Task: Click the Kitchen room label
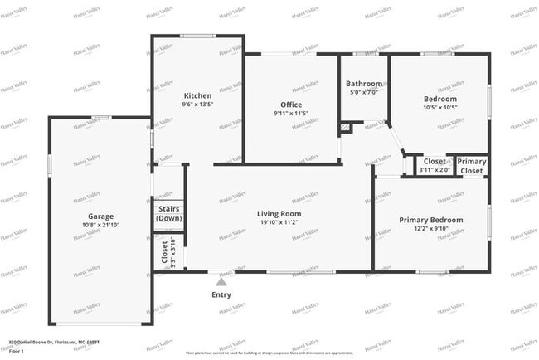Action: pyautogui.click(x=197, y=95)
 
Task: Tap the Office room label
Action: pyautogui.click(x=290, y=105)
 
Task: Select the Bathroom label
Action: pyautogui.click(x=364, y=84)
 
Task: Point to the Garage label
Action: pyautogui.click(x=101, y=216)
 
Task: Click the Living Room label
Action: pyautogui.click(x=279, y=213)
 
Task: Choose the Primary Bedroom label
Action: pyautogui.click(x=430, y=220)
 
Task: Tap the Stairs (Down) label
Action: pyautogui.click(x=169, y=213)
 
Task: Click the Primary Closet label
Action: pyautogui.click(x=471, y=166)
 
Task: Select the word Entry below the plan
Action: pyautogui.click(x=221, y=294)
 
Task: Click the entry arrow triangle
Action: pyautogui.click(x=221, y=280)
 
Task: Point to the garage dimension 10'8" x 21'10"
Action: pyautogui.click(x=101, y=225)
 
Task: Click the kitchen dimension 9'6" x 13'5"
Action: pyautogui.click(x=197, y=105)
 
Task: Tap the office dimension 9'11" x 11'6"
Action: pyautogui.click(x=290, y=114)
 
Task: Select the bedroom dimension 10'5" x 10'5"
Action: pyautogui.click(x=439, y=108)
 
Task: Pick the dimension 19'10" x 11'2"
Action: pyautogui.click(x=279, y=222)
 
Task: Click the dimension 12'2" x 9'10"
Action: pyautogui.click(x=430, y=229)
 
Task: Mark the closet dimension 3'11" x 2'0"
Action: pyautogui.click(x=435, y=170)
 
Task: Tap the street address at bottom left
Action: pyautogui.click(x=54, y=342)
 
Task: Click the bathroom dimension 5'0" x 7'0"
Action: pyautogui.click(x=364, y=92)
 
